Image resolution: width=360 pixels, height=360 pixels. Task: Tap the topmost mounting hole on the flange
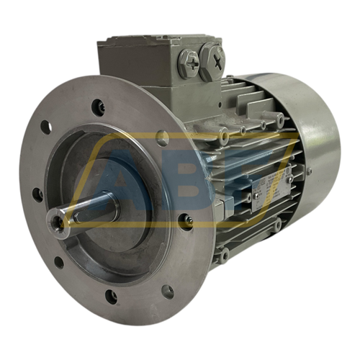[x=98, y=108]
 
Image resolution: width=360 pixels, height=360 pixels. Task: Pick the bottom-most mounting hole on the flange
[x=111, y=295]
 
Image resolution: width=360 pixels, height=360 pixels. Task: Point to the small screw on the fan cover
[x=308, y=171]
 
